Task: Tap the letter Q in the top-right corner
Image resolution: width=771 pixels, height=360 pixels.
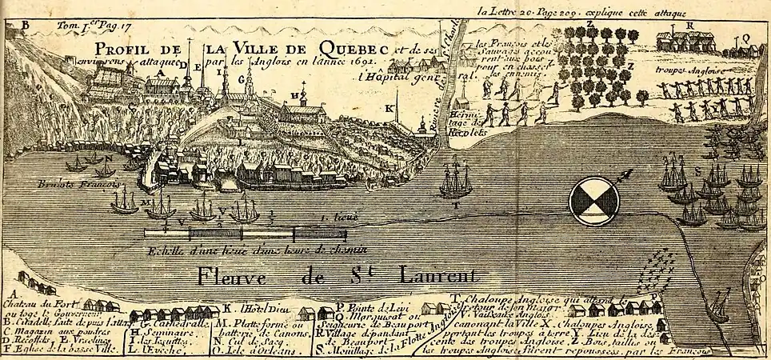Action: [x=745, y=37]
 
